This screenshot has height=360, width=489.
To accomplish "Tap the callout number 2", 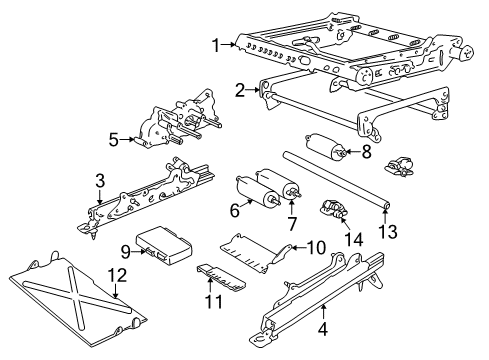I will [x=241, y=90].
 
